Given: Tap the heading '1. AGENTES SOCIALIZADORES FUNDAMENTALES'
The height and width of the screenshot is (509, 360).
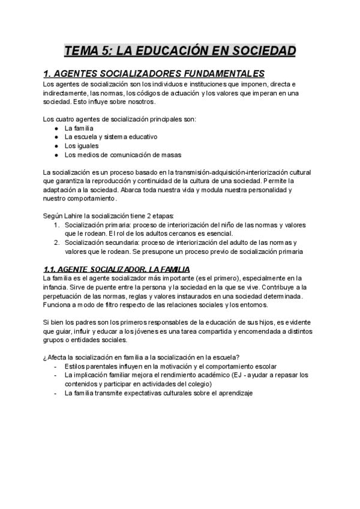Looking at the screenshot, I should coord(154,74).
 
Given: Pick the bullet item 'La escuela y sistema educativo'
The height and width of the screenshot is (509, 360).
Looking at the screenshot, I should coord(107,136).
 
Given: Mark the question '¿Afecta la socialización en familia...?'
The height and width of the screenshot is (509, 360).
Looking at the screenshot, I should coord(142,357).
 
